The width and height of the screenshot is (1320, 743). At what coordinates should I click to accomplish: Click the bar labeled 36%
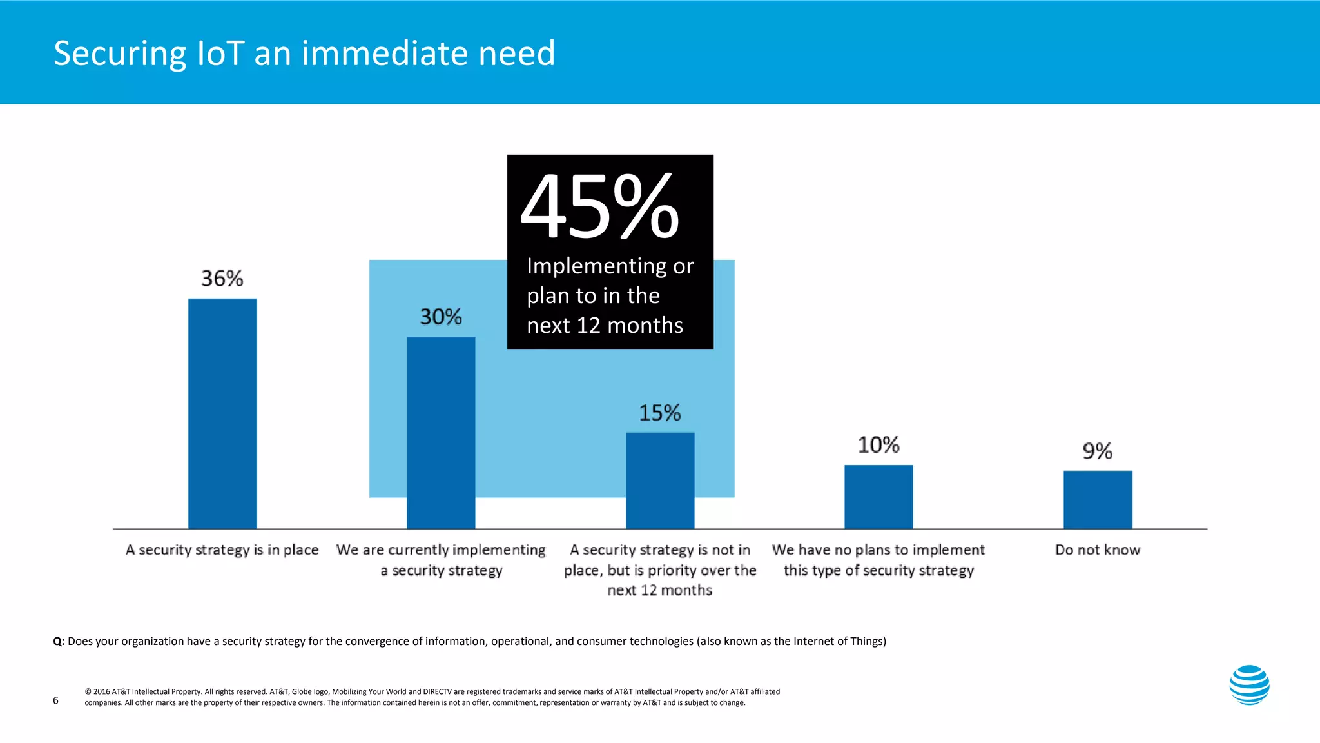222,413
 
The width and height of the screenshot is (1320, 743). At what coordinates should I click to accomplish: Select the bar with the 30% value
441,433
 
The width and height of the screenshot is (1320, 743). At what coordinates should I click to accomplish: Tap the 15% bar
660,480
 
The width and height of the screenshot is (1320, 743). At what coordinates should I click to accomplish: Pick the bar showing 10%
878,497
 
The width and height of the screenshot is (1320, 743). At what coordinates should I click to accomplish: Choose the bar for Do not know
1098,500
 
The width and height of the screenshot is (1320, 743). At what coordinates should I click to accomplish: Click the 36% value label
222,279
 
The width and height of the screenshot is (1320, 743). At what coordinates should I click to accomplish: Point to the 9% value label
1098,451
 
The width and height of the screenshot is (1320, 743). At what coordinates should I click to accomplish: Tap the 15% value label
660,413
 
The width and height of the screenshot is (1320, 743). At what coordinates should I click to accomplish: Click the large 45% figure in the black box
600,208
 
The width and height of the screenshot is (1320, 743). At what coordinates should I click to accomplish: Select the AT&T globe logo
1249,685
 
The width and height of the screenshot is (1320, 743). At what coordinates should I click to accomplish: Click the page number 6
55,700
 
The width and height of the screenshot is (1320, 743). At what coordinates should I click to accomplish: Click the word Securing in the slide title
120,54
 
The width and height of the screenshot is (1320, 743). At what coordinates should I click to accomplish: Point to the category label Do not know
1098,550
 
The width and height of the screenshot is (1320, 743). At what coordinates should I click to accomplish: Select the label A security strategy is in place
222,550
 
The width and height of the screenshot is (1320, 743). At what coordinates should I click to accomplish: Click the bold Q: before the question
59,641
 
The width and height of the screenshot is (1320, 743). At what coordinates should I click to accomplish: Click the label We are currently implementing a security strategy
441,560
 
